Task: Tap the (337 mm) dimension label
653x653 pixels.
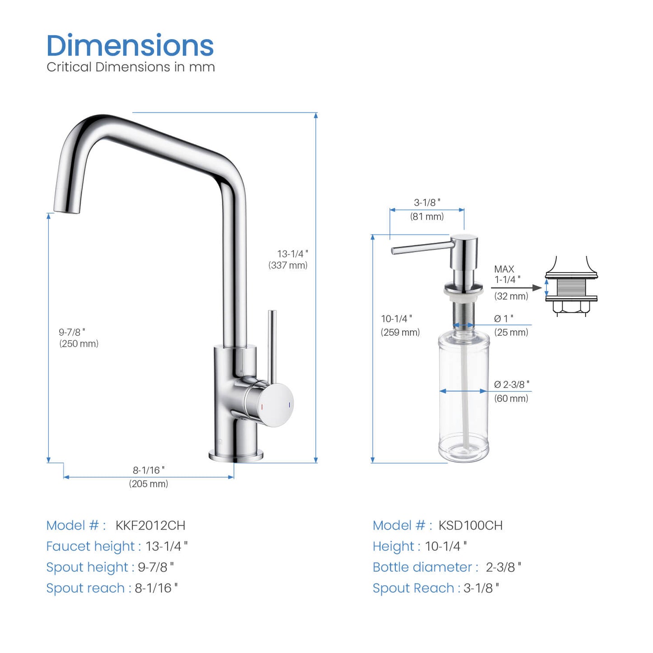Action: point(288,265)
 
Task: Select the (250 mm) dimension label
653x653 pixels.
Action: point(79,343)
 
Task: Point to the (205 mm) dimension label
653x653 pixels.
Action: point(148,484)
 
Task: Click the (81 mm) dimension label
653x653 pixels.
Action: point(427,216)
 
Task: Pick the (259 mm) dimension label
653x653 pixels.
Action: point(400,332)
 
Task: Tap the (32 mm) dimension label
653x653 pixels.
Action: point(511,296)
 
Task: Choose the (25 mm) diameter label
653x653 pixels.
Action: point(511,332)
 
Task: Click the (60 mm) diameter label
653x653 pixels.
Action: point(511,398)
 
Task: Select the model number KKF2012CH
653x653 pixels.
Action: point(150,526)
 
